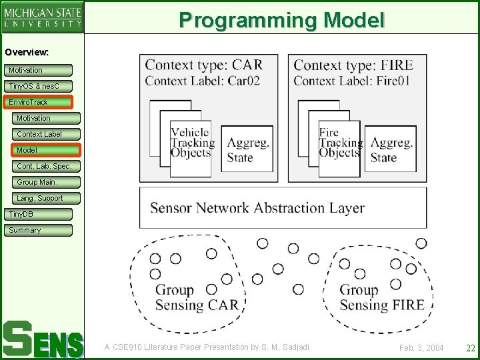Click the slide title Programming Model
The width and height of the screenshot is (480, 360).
coord(281,19)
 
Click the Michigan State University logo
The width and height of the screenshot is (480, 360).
coord(43,17)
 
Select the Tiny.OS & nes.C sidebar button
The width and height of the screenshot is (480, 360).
coord(38,86)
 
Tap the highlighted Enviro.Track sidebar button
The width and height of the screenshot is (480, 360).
coord(38,102)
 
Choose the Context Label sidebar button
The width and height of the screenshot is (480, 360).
coord(46,134)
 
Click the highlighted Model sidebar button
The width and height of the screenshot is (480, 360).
coord(46,150)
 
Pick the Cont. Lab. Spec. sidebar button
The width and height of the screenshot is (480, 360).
coord(46,166)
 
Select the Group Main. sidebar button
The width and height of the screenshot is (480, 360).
coord(46,182)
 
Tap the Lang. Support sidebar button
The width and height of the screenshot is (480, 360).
coord(46,198)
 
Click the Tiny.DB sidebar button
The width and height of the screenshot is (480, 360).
coord(38,214)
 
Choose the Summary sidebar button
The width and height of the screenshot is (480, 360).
coord(38,230)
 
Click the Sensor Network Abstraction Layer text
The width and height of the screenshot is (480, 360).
coord(257,207)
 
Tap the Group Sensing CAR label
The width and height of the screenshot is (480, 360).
coord(196,298)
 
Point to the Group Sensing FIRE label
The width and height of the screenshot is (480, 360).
coord(381,298)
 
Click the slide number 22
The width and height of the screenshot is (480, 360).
coord(470,347)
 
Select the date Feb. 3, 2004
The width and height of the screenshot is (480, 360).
coord(421,348)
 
